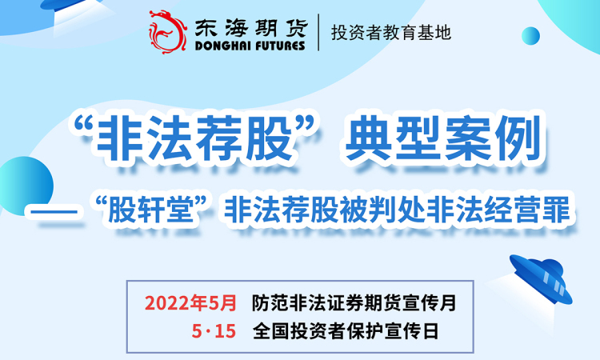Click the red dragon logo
168,32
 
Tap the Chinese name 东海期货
250,28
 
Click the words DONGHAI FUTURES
250,46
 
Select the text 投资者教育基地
391,33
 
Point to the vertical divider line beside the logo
318,32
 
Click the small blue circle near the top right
530,36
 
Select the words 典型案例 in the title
442,138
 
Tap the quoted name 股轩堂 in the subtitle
151,210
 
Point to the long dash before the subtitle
54,211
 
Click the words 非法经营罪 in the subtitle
498,210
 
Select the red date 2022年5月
190,302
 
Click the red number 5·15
214,330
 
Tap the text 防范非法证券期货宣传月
354,302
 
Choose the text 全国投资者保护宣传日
346,331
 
